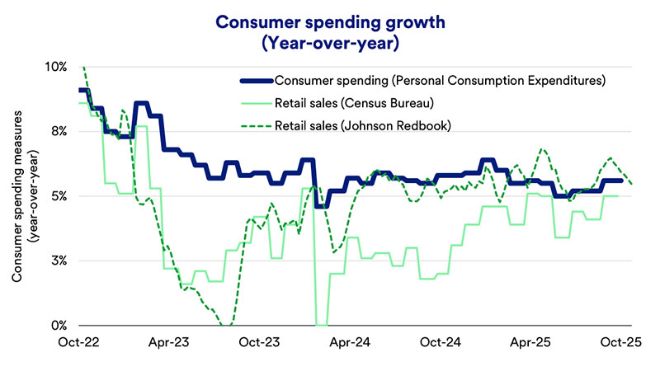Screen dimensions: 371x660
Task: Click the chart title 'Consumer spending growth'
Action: tap(329, 18)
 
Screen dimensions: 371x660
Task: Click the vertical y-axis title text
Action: tap(24, 195)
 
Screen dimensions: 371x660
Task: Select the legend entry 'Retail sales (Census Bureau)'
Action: tap(356, 103)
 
